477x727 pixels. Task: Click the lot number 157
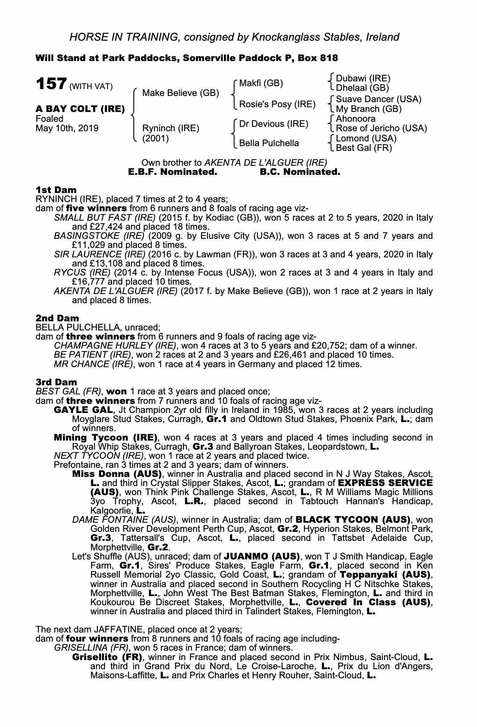coord(50,84)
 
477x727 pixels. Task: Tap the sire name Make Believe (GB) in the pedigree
coord(180,93)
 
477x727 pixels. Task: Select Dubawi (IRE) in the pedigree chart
coord(363,78)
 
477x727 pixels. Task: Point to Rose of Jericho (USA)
coord(381,128)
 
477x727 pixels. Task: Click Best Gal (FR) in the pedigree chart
coord(364,148)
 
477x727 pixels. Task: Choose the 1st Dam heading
coord(56,190)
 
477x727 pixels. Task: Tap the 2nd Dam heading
coord(57,318)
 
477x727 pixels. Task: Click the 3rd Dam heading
coord(56,382)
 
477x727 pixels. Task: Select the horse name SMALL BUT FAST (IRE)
coord(105,218)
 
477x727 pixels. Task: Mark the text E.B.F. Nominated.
coord(173,172)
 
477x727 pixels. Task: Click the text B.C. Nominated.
coord(300,172)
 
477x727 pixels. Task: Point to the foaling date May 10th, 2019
coord(67,128)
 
